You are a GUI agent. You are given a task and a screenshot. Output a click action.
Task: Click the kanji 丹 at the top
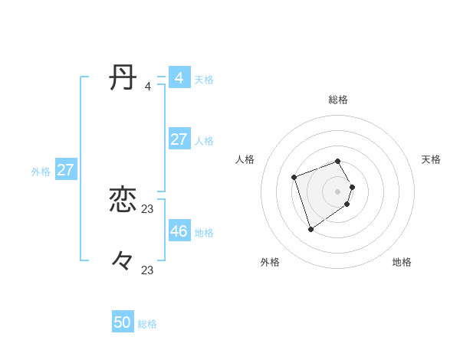click(x=123, y=78)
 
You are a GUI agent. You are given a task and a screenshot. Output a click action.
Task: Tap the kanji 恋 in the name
click(x=123, y=200)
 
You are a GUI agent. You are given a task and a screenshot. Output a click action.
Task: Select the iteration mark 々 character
click(x=123, y=261)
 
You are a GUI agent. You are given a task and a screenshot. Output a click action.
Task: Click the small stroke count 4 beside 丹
click(x=148, y=87)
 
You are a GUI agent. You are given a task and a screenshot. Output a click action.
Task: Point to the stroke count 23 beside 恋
click(x=148, y=208)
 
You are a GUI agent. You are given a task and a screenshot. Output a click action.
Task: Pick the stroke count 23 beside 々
click(x=148, y=270)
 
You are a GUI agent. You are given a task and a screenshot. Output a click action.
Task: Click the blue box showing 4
click(x=179, y=78)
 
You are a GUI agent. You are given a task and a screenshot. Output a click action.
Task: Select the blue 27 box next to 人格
click(x=179, y=139)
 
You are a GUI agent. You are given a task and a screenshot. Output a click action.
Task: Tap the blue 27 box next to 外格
click(x=65, y=170)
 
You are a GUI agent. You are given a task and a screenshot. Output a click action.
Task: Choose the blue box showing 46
click(x=179, y=231)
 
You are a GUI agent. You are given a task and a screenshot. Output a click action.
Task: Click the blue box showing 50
click(x=123, y=322)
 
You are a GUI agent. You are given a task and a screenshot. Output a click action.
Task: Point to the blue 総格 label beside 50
click(x=147, y=324)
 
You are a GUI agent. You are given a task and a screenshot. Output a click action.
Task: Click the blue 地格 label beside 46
click(x=204, y=232)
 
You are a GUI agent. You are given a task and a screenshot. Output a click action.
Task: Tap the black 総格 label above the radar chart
click(x=338, y=100)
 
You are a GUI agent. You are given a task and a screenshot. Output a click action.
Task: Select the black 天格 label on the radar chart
click(x=431, y=159)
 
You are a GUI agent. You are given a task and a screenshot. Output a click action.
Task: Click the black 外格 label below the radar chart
click(x=270, y=262)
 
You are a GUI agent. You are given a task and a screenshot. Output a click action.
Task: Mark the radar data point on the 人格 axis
click(x=294, y=178)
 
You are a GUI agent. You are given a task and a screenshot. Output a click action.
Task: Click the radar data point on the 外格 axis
click(x=310, y=229)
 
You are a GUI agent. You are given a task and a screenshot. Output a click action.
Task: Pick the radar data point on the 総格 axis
click(x=338, y=161)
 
